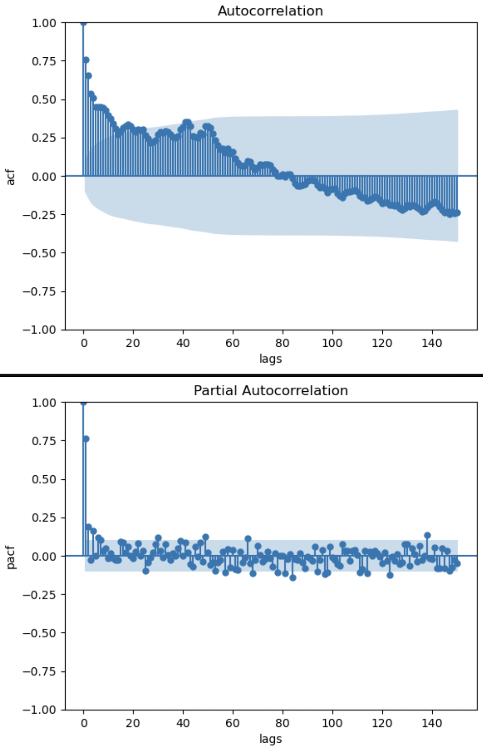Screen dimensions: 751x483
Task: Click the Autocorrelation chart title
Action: (270, 11)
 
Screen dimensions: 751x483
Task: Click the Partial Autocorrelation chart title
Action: (271, 390)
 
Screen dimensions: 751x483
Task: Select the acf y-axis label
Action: (11, 177)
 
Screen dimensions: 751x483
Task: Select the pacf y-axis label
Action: (11, 557)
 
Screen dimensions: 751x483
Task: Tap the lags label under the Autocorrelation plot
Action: (270, 359)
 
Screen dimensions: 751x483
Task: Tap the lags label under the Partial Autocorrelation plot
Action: (270, 739)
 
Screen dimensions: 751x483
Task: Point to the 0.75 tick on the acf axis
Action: (44, 61)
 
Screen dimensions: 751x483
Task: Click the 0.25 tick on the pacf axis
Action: (44, 518)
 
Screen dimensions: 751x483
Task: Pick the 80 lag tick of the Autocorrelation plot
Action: (283, 343)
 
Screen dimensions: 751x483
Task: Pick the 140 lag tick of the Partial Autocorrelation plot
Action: (432, 723)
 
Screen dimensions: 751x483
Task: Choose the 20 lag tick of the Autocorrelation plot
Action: (133, 343)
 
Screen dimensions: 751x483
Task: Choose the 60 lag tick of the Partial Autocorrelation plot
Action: (233, 723)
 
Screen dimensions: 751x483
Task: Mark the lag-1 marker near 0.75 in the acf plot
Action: (86, 60)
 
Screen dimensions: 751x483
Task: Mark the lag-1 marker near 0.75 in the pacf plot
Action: (86, 439)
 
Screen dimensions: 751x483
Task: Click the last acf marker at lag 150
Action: (458, 213)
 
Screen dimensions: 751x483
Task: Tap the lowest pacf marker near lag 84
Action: (293, 578)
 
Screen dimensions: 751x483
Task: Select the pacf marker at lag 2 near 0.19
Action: (89, 527)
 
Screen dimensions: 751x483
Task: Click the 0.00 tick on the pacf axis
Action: (44, 556)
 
